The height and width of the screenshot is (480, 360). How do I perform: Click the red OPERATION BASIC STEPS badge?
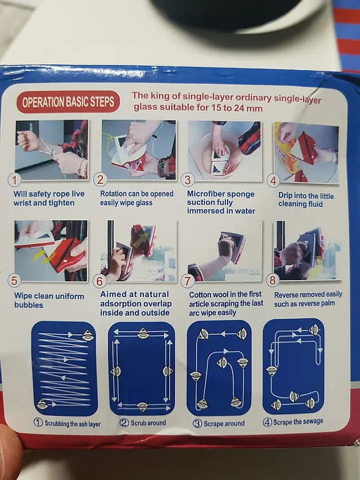[68, 102]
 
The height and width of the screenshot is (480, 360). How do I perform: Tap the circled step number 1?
[14, 180]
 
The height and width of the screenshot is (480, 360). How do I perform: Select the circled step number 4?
[273, 180]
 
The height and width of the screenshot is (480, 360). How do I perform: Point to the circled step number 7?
[187, 281]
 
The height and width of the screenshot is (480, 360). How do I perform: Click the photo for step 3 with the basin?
[224, 151]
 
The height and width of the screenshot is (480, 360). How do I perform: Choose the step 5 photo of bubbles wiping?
[51, 251]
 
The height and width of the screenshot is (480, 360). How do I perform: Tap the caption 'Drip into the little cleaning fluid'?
[306, 200]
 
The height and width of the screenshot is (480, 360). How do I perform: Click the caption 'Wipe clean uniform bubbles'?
[49, 300]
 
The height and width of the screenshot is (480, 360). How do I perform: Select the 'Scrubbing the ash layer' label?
[67, 424]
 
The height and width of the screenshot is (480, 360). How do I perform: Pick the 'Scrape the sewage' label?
[293, 422]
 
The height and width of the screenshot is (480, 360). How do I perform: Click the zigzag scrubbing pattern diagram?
[65, 369]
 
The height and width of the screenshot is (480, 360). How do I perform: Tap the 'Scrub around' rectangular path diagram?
[141, 368]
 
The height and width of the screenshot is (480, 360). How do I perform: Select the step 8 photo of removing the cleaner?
[307, 250]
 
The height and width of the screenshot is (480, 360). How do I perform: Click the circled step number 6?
[99, 281]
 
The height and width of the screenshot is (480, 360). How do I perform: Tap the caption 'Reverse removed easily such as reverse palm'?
[308, 299]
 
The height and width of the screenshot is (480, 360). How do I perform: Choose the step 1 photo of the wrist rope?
[52, 150]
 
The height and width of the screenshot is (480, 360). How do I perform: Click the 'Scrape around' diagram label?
[219, 424]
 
